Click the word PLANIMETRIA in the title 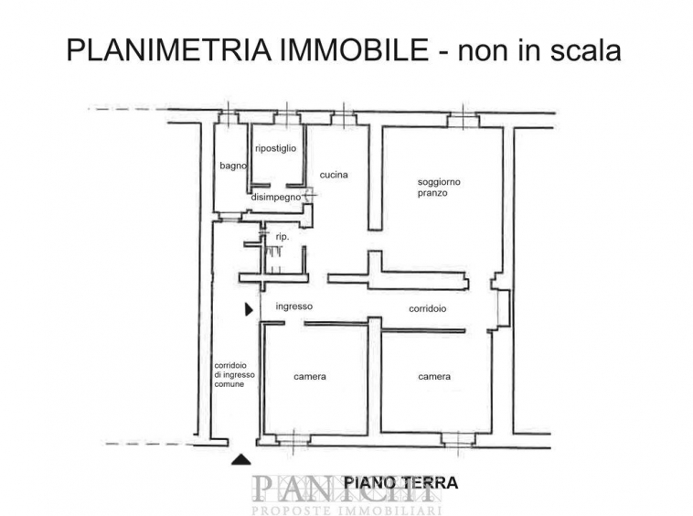click(169, 50)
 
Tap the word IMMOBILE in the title click(354, 50)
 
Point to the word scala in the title click(586, 50)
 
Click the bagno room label click(233, 167)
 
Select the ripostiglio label click(276, 148)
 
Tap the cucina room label click(334, 175)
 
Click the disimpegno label click(276, 198)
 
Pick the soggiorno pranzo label click(439, 188)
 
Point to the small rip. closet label click(283, 237)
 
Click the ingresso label click(293, 306)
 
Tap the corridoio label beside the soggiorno click(427, 308)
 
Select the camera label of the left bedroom click(310, 377)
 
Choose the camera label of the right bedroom click(434, 377)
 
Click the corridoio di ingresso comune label click(234, 375)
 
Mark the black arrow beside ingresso click(250, 309)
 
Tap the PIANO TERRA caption click(400, 482)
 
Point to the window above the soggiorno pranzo click(463, 119)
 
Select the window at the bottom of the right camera click(458, 439)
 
